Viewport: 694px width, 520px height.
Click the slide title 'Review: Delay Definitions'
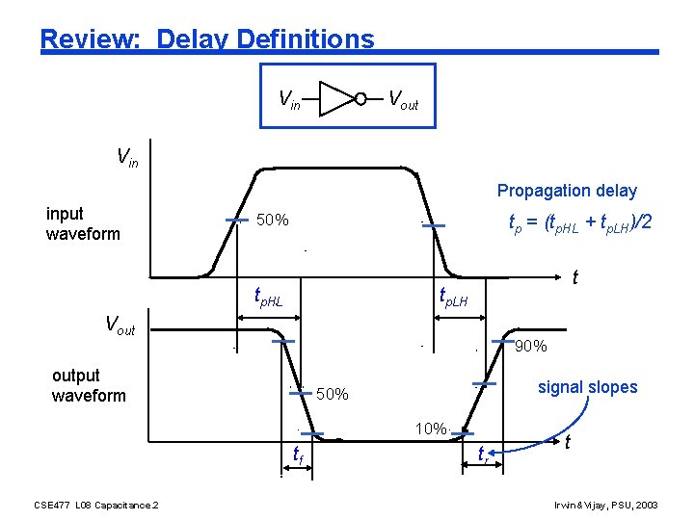click(207, 39)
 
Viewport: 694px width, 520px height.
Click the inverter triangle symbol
click(336, 97)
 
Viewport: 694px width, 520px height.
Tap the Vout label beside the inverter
click(402, 99)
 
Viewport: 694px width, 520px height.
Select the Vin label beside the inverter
click(289, 99)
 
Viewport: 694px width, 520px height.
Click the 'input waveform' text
click(83, 223)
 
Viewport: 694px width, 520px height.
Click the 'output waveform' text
click(89, 385)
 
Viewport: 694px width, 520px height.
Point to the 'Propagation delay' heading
click(567, 191)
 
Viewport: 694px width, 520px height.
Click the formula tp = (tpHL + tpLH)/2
click(580, 223)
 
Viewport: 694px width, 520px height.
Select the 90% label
click(531, 347)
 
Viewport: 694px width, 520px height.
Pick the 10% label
click(430, 429)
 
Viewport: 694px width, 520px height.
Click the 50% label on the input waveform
click(273, 221)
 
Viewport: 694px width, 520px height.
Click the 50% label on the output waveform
click(333, 395)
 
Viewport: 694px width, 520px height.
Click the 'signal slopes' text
click(587, 387)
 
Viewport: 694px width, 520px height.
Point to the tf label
click(299, 454)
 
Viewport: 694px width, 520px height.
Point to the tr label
click(483, 454)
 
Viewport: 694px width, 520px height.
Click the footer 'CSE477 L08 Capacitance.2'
click(96, 505)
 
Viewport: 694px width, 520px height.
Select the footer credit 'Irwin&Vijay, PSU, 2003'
click(606, 505)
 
